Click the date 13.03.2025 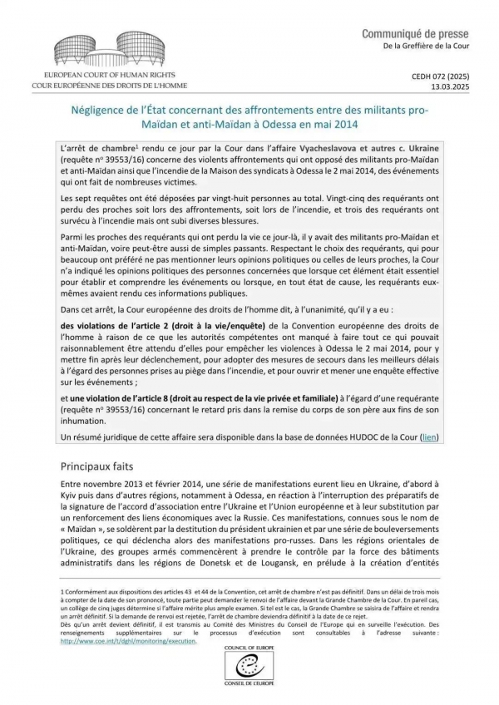pyautogui.click(x=451, y=86)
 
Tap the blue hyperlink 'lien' pyautogui.click(x=430, y=436)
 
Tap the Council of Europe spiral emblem pyautogui.click(x=249, y=666)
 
